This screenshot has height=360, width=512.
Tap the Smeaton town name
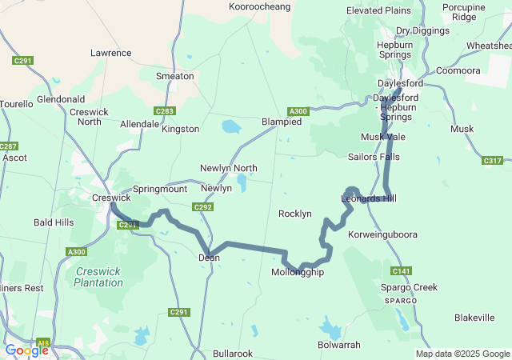coord(174,76)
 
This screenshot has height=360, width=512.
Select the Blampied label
coord(282,122)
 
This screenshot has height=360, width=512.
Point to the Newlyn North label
coord(229,168)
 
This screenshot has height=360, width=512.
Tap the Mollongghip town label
coord(298,273)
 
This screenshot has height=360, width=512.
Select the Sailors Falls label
coord(374,157)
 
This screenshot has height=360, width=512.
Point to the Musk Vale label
coord(383,137)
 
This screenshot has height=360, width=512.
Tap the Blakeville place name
coord(474,318)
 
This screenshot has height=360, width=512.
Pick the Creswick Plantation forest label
coord(99,277)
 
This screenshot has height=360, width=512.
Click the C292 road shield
coord(202,207)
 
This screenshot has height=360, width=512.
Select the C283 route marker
coord(165,111)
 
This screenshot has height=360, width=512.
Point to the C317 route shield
coord(493,161)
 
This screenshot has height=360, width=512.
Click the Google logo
coord(26,350)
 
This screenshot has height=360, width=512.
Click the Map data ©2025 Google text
coord(462,354)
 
